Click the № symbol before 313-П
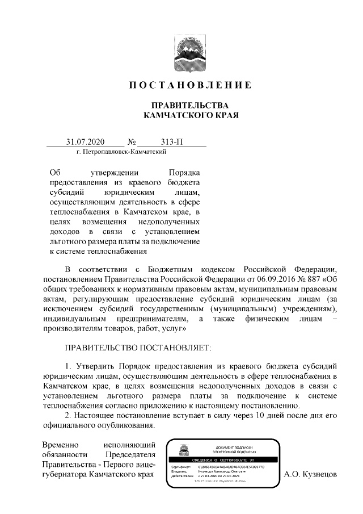134,141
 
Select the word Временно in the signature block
61,444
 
